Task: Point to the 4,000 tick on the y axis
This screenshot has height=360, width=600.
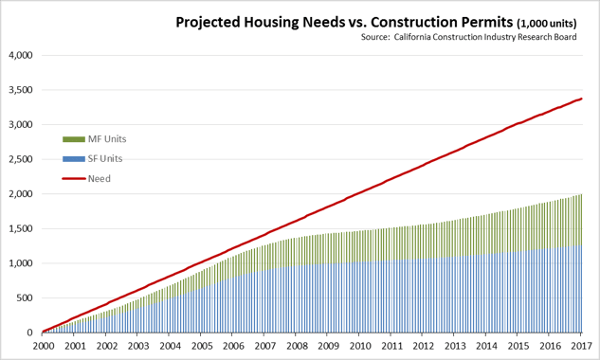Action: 20,55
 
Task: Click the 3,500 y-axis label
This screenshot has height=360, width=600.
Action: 20,90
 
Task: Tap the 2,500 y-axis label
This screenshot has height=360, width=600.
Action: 20,159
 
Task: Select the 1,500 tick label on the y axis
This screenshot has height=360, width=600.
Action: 20,228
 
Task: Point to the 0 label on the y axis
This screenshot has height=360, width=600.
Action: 30,333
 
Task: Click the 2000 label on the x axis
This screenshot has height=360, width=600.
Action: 43,347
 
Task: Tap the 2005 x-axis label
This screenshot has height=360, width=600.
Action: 201,347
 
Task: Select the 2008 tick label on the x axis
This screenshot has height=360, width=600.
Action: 297,347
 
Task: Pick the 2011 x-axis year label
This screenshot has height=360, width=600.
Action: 392,347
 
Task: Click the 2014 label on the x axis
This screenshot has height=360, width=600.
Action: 487,347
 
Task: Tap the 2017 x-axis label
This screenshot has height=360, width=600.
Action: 582,347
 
